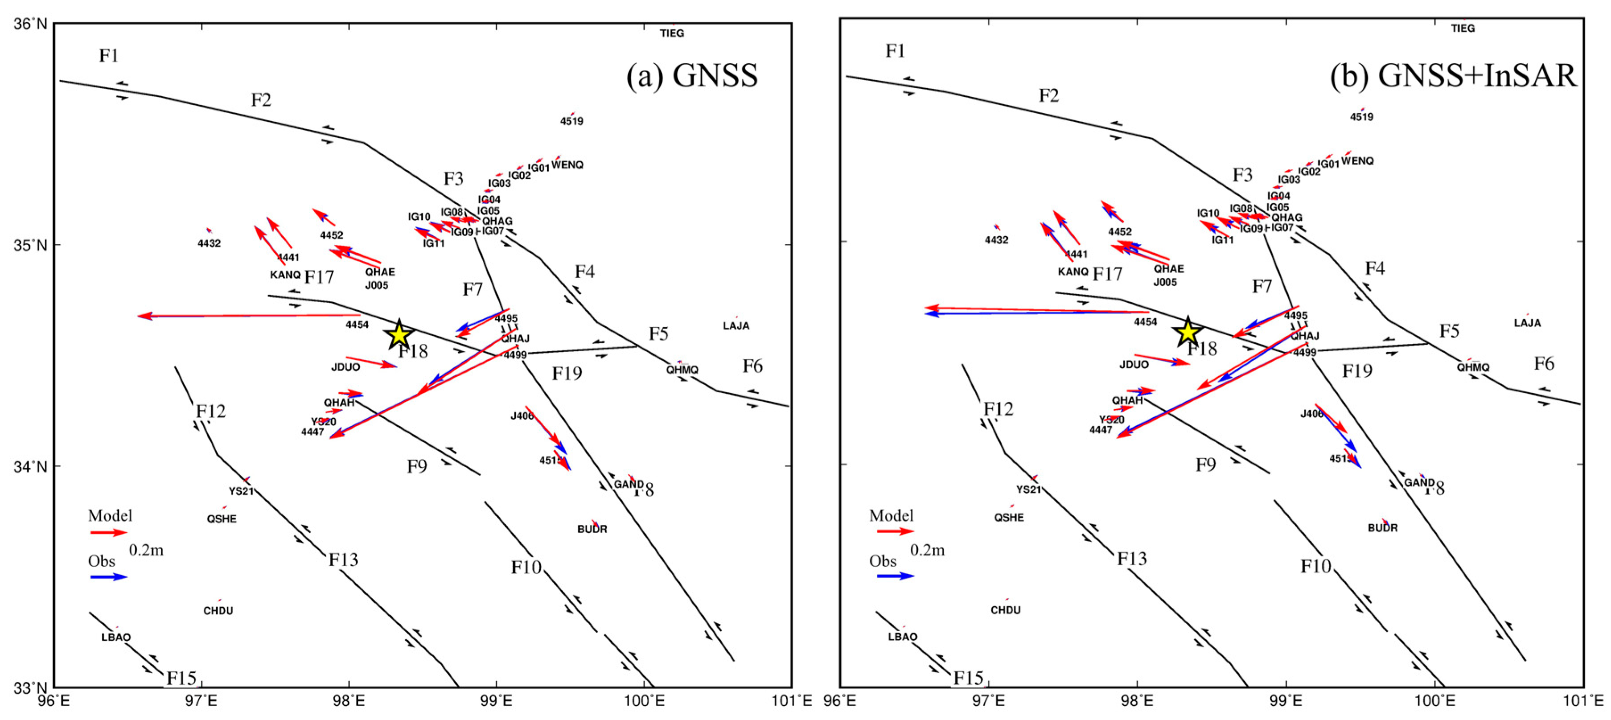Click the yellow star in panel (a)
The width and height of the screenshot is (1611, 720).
pyautogui.click(x=399, y=335)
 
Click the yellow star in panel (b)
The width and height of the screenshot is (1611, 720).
pyautogui.click(x=1187, y=332)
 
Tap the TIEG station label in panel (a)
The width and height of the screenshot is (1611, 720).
pyautogui.click(x=672, y=33)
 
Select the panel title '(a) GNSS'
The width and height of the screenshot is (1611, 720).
pyautogui.click(x=692, y=76)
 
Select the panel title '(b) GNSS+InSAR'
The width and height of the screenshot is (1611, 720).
pyautogui.click(x=1453, y=76)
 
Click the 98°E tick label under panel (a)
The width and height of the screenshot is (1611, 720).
pyautogui.click(x=349, y=701)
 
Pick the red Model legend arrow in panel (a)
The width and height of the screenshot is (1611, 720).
pyautogui.click(x=109, y=532)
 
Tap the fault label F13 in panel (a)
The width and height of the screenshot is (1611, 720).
pyautogui.click(x=343, y=559)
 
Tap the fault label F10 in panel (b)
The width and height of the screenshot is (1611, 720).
pyautogui.click(x=1316, y=567)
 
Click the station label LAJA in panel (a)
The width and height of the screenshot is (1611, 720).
pyautogui.click(x=736, y=326)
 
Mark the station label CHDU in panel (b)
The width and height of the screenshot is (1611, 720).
pyautogui.click(x=1006, y=610)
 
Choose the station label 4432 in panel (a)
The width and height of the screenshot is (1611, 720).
pyautogui.click(x=209, y=243)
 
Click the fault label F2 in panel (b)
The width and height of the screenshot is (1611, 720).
pyautogui.click(x=1049, y=96)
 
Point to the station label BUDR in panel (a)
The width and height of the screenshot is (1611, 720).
pyautogui.click(x=592, y=529)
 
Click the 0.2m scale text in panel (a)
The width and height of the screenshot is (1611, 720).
pyautogui.click(x=146, y=551)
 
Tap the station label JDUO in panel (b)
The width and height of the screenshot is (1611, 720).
pyautogui.click(x=1134, y=365)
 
